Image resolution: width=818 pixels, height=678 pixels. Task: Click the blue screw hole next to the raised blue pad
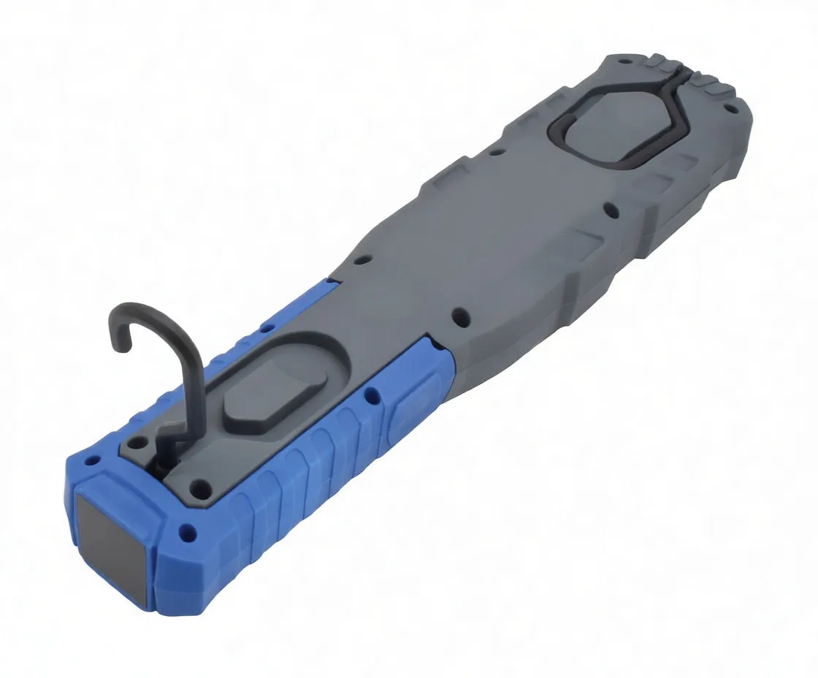(373, 395)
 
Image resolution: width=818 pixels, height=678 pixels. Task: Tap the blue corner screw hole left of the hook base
(93, 462)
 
